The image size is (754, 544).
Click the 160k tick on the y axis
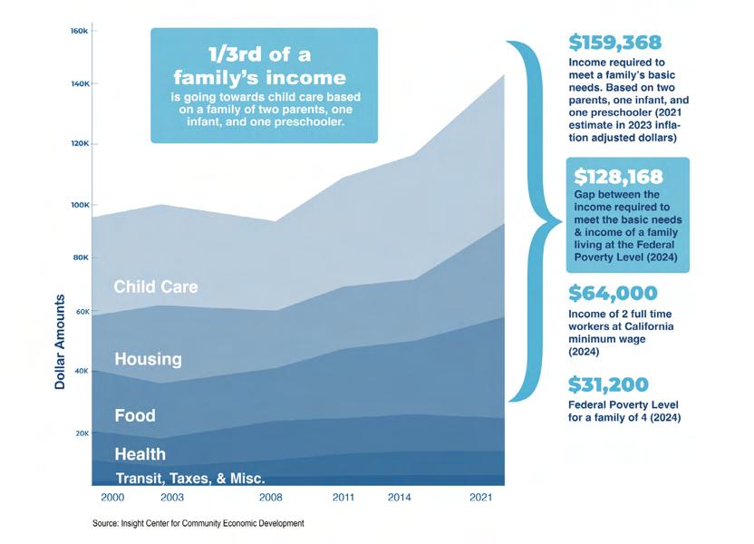[79, 32]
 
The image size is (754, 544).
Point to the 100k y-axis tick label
[79, 205]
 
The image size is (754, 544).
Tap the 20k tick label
[80, 433]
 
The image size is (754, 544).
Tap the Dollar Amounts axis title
[61, 342]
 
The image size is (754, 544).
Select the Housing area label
[148, 360]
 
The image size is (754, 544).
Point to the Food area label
[135, 416]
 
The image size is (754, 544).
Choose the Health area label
[140, 454]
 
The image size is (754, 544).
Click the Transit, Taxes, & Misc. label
[189, 478]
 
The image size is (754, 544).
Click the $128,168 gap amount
[615, 177]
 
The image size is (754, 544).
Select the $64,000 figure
[613, 293]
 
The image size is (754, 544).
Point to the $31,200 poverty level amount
[608, 384]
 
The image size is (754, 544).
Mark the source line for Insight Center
[198, 524]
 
